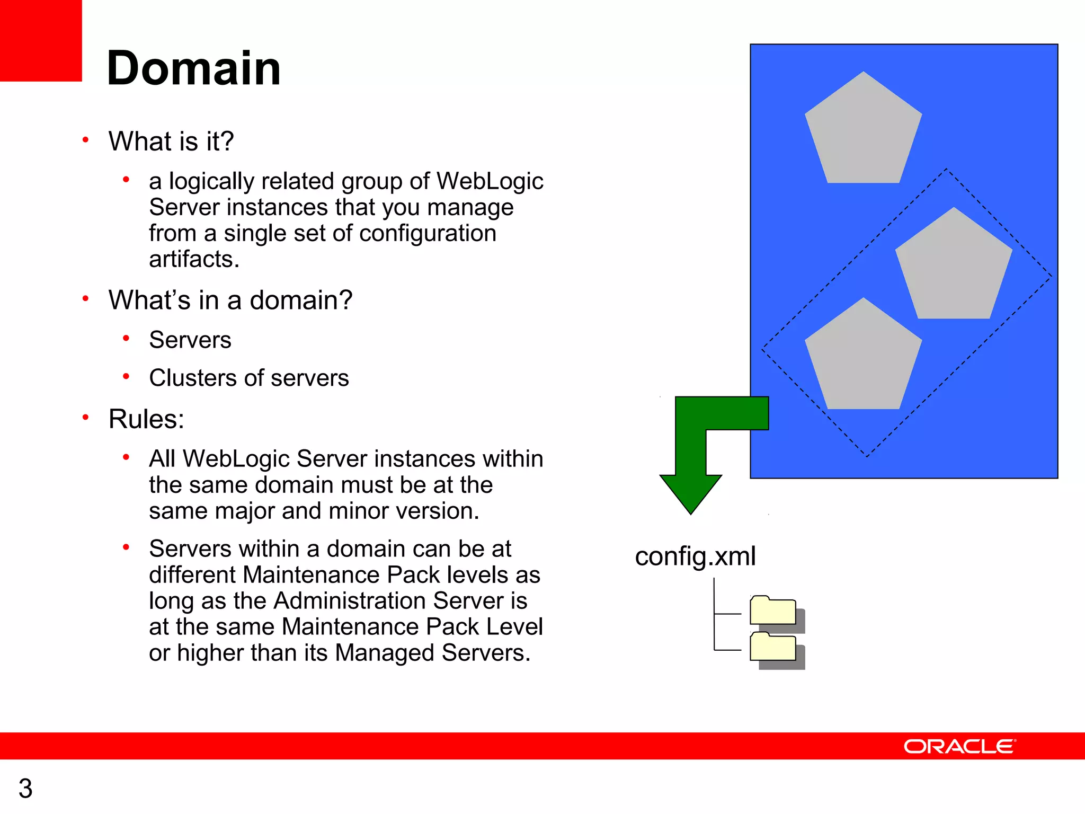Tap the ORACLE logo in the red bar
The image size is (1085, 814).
click(x=959, y=746)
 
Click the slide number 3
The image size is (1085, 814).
click(x=25, y=788)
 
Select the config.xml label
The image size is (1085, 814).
click(x=695, y=556)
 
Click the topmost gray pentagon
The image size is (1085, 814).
click(x=864, y=132)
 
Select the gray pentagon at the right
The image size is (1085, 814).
click(x=954, y=268)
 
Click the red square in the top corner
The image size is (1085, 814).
click(x=41, y=40)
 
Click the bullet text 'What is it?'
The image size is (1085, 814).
click(x=171, y=141)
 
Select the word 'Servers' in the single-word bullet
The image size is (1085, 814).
click(x=190, y=340)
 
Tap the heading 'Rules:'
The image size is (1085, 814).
click(x=146, y=419)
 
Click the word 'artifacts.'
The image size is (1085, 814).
click(x=194, y=259)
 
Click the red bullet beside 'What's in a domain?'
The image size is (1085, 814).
click(x=85, y=298)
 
